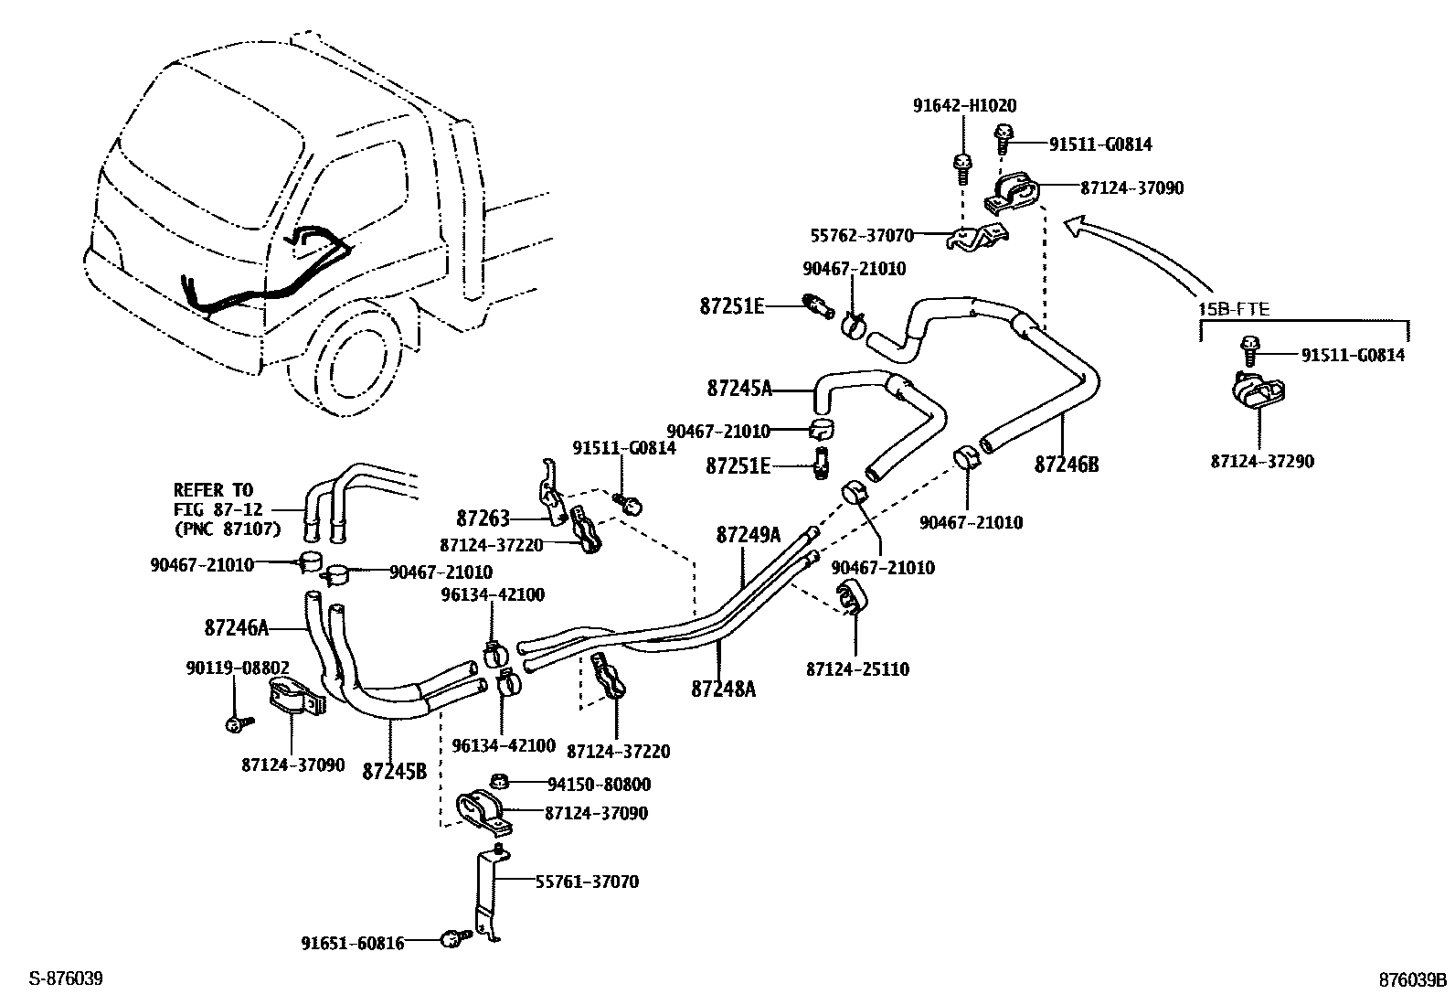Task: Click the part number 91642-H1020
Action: click(964, 106)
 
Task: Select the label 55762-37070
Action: click(861, 236)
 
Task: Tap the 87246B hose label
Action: click(1066, 465)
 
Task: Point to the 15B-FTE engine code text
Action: click(1234, 310)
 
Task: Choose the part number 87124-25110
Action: click(856, 669)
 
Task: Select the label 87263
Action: click(483, 519)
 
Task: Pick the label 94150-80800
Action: click(599, 785)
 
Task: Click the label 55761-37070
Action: click(586, 882)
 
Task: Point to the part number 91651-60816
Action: click(353, 943)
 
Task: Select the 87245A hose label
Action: click(738, 389)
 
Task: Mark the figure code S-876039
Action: click(65, 979)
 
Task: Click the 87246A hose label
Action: click(237, 627)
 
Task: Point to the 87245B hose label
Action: click(394, 771)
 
